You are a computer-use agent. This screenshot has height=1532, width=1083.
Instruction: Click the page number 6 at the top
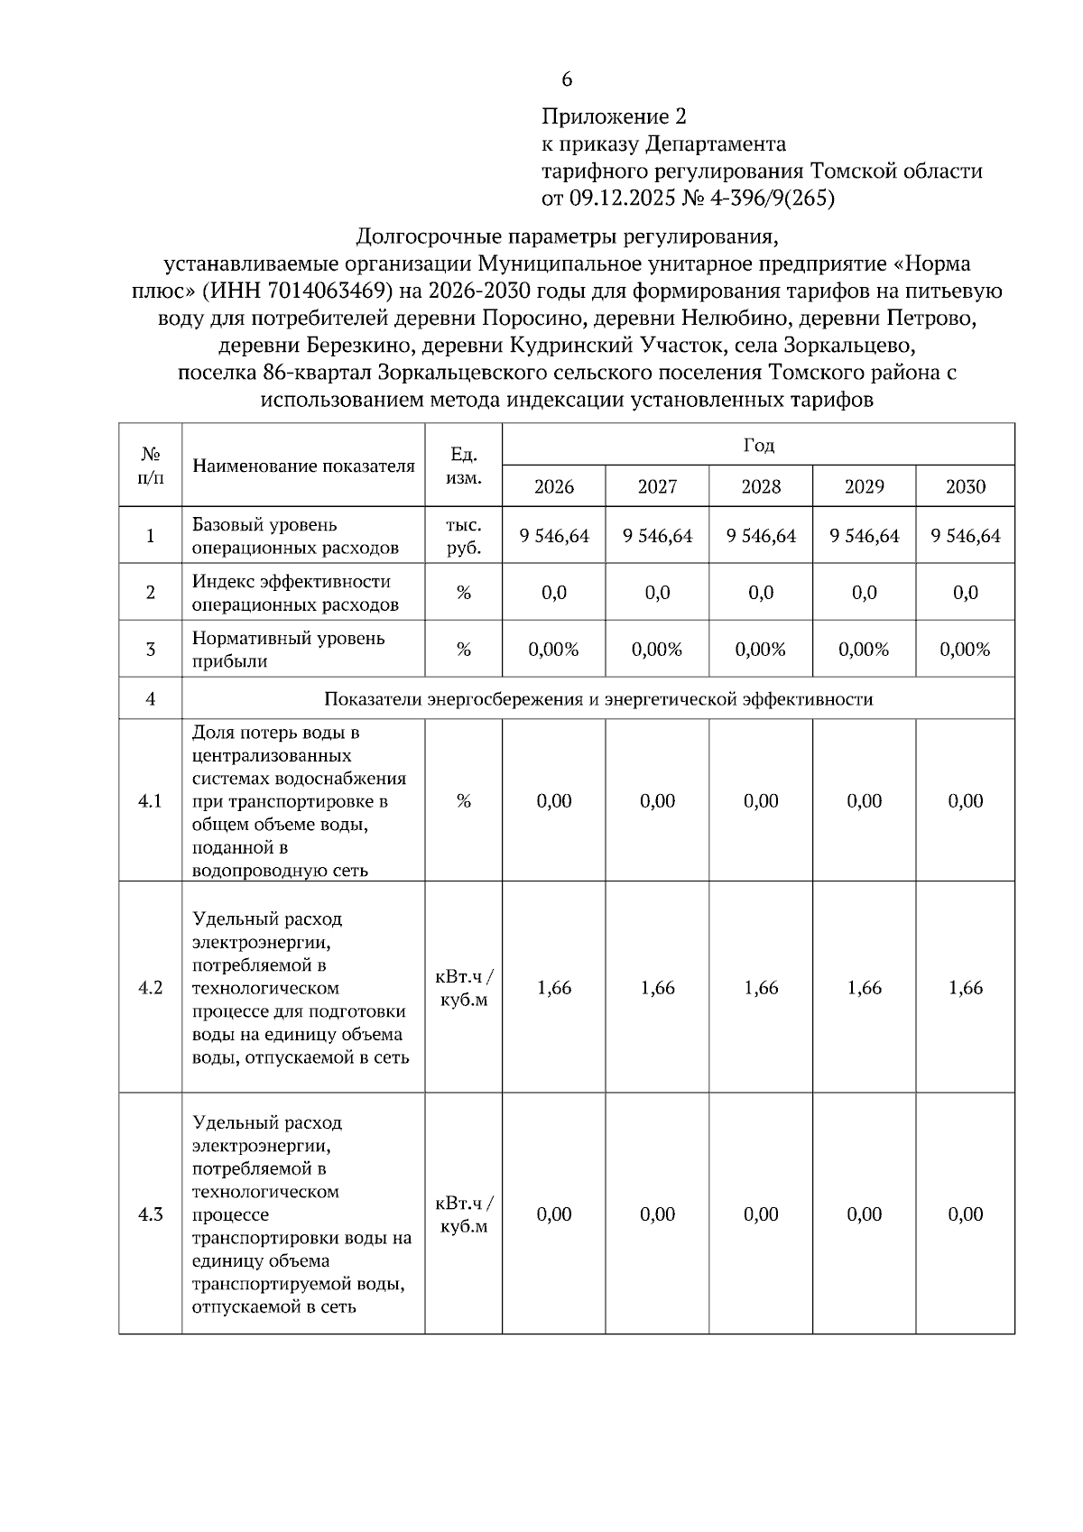point(567,80)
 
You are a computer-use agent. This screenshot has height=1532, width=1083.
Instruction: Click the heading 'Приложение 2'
point(614,117)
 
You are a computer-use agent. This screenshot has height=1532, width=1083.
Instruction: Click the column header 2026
point(554,487)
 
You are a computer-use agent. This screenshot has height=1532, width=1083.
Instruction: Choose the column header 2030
point(965,487)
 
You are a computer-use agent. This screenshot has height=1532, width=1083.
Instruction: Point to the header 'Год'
point(758,445)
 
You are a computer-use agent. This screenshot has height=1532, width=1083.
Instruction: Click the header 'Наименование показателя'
point(303,466)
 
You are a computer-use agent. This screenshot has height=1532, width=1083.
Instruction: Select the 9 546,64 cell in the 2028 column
point(761,536)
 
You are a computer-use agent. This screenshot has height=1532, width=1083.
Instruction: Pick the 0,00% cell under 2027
point(657,650)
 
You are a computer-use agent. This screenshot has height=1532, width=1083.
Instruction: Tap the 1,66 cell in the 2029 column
point(864,988)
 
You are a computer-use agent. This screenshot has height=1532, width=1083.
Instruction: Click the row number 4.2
point(150,988)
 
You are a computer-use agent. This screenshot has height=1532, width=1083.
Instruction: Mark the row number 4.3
point(150,1214)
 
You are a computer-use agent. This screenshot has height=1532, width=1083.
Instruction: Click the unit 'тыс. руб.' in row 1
point(463,536)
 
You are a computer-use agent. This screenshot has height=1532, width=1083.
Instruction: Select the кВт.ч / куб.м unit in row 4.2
point(463,988)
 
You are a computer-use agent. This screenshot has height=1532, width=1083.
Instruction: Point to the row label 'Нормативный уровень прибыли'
point(289,650)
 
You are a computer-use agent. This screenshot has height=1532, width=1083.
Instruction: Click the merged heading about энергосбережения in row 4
point(597,699)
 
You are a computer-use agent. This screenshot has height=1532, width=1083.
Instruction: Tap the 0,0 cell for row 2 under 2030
point(965,593)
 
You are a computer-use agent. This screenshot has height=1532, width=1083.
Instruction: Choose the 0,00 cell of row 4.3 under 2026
point(554,1214)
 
